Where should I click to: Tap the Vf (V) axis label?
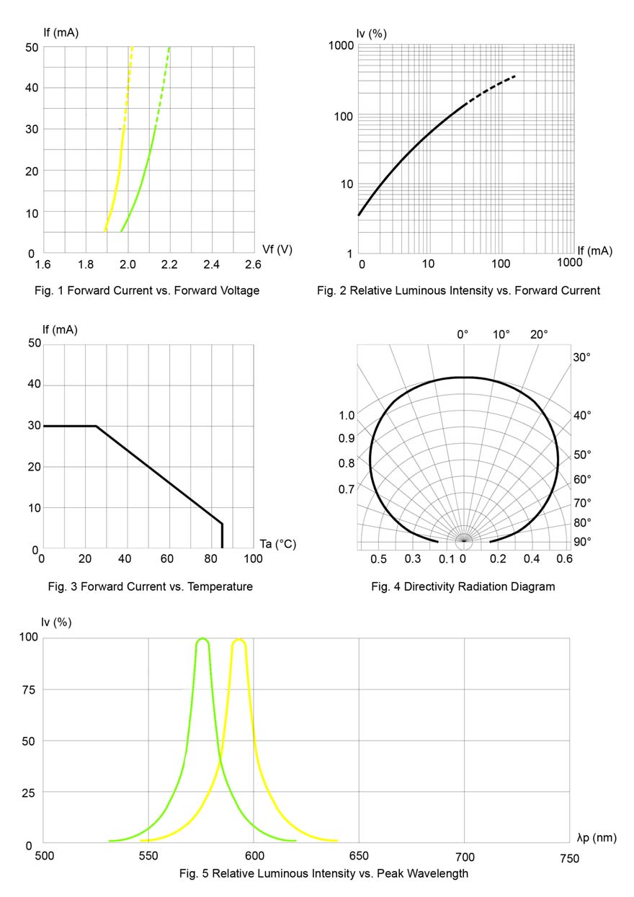coord(277,249)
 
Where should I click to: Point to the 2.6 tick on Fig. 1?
coord(253,265)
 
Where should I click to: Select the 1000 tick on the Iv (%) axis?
coord(342,45)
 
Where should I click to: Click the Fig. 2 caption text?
coord(458,290)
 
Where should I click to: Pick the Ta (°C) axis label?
coord(277,543)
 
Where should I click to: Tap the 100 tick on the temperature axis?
coord(253,559)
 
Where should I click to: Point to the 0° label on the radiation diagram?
coord(463,334)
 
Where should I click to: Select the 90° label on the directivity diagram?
coord(581,541)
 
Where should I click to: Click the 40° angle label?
coord(582,415)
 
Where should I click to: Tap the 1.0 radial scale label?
coord(347,416)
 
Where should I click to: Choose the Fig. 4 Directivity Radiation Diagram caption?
coord(463,586)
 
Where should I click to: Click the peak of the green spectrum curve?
coord(202,639)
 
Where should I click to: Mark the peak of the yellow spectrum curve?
coord(239,639)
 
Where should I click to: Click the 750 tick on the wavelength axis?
coord(568,858)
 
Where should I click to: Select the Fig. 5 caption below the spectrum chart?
coord(323,873)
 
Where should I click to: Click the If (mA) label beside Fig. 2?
coord(594,250)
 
